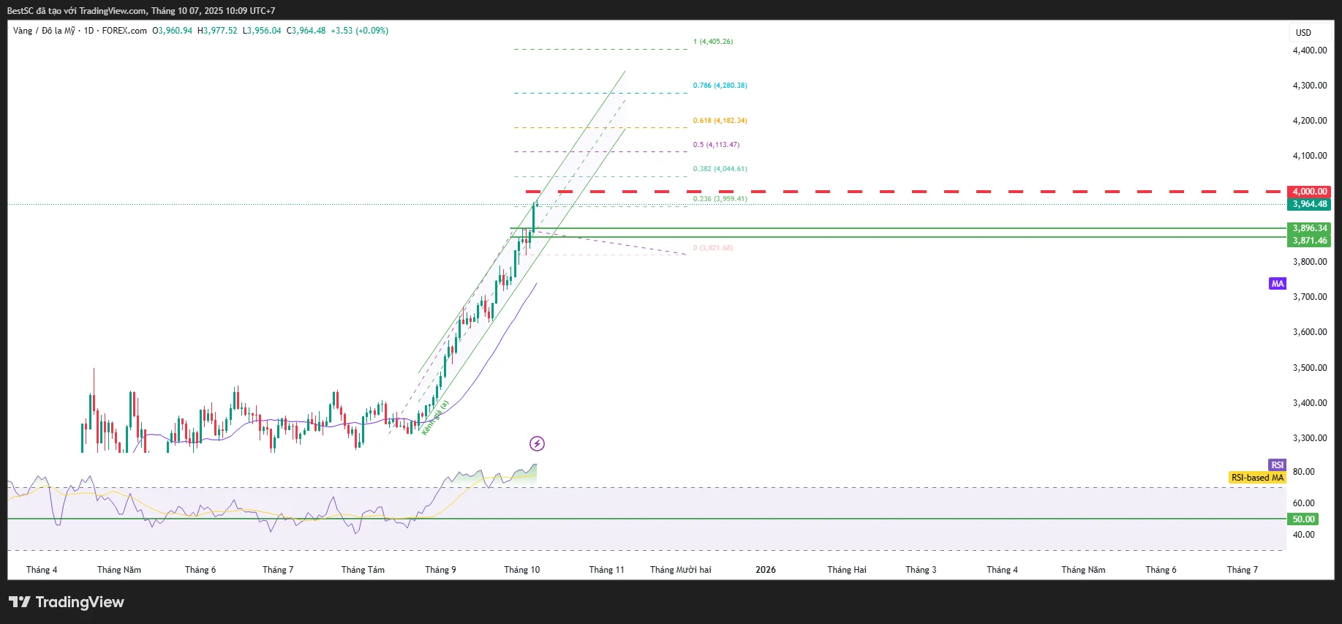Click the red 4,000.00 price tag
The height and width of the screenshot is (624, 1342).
tap(1309, 192)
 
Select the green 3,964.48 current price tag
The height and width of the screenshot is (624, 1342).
tap(1309, 204)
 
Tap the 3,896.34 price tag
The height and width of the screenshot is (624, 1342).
tap(1309, 228)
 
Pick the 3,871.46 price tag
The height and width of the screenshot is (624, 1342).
tap(1309, 241)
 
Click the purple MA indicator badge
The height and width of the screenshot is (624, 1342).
tap(1277, 284)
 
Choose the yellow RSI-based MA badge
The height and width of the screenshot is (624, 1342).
tap(1257, 478)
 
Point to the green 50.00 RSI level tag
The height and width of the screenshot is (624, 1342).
tap(1303, 519)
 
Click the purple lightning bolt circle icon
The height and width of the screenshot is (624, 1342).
tap(537, 443)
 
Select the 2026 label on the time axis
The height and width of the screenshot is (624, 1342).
tap(766, 570)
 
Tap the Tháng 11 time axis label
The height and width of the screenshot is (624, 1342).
tap(606, 570)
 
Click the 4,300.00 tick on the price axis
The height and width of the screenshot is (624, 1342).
tap(1309, 86)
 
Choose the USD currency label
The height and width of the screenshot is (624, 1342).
tap(1303, 33)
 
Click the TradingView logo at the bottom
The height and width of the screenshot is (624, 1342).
tap(67, 602)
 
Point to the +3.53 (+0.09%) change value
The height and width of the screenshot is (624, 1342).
tap(359, 31)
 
